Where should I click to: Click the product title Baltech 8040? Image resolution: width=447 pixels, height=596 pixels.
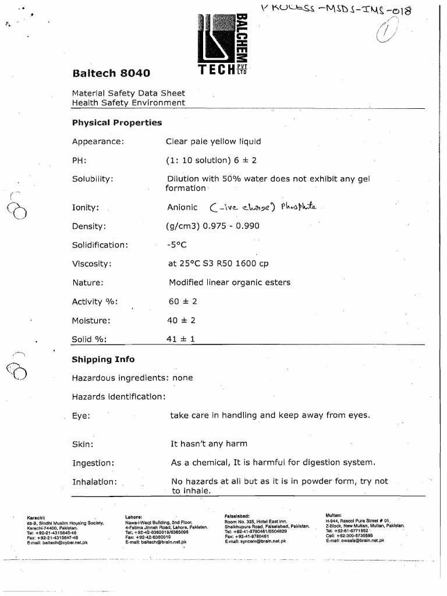111,73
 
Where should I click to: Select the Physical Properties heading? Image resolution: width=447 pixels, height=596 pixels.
116,123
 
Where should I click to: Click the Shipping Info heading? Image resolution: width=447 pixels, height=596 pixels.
103,359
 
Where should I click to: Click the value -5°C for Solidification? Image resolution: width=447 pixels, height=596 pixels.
176,245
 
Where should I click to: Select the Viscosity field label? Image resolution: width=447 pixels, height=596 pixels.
91,264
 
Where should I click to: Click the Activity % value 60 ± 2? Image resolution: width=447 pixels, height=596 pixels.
182,301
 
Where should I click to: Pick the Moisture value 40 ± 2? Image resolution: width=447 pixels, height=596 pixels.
181,320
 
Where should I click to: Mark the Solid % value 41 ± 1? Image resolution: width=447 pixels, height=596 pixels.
180,339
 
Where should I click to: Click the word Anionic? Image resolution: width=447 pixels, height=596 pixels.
183,207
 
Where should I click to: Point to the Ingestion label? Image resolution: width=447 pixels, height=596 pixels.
93,463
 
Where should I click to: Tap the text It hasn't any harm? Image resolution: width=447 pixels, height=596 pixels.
208,444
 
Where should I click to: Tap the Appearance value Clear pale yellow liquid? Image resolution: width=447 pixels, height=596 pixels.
213,141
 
